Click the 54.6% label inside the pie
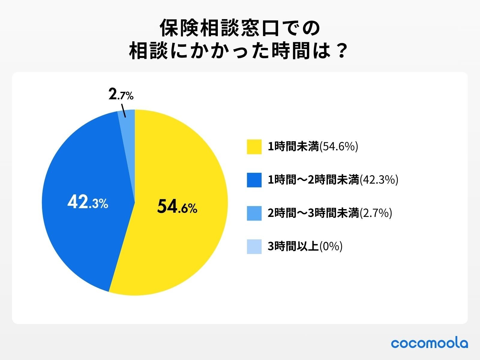177,207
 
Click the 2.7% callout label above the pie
121,95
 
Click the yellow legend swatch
254,147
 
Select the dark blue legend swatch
254,180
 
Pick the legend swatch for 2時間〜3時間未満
254,213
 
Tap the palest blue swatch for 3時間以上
254,247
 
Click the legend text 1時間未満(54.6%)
313,147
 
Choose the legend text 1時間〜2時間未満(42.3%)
333,180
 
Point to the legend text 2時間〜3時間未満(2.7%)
330,213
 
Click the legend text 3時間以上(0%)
305,247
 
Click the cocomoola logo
429,343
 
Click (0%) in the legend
331,247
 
